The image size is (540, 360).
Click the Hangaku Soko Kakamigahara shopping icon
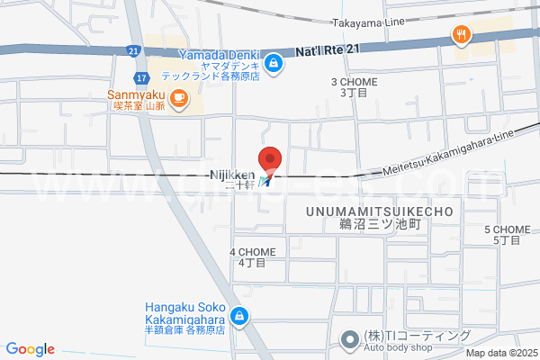tap(239, 316)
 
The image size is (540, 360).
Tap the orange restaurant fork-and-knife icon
tap(462, 35)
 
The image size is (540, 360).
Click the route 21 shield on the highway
tap(133, 50)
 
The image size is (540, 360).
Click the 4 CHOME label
tap(252, 252)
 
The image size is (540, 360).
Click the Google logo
tap(31, 349)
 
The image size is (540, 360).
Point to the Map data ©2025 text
tap(501, 353)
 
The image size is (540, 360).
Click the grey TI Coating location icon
tap(349, 339)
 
